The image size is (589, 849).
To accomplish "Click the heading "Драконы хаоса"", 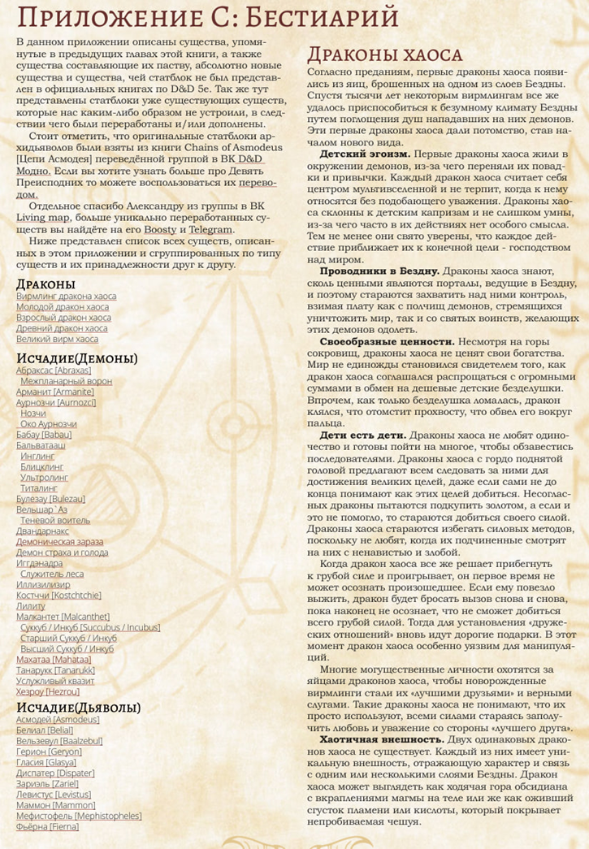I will click(x=384, y=54).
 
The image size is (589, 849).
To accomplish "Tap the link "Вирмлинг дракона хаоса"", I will click(x=66, y=297).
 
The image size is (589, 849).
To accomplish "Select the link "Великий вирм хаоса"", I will click(x=57, y=339).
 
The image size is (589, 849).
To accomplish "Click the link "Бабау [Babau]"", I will click(x=45, y=435).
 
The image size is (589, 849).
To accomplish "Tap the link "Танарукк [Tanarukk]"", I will click(x=55, y=670).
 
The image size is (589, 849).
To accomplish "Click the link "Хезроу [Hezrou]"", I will click(x=48, y=691).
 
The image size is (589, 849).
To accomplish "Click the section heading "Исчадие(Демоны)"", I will click(x=77, y=358).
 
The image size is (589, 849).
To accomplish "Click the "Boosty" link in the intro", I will click(x=160, y=230).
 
